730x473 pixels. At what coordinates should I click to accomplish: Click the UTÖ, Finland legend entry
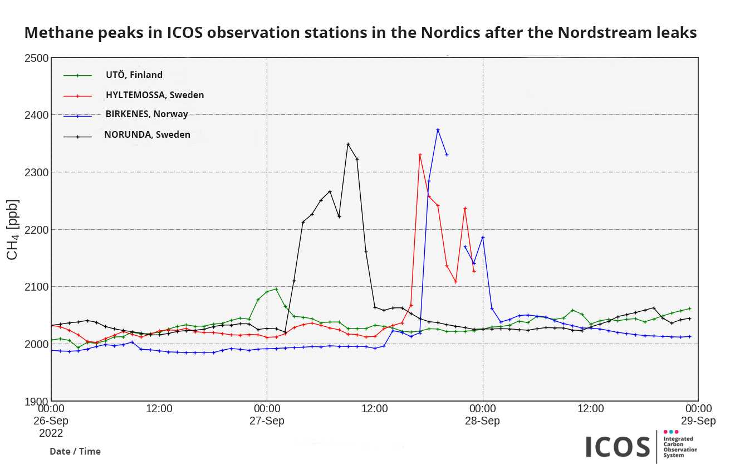(x=134, y=75)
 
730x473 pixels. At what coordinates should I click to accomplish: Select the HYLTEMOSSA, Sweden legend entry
(x=154, y=95)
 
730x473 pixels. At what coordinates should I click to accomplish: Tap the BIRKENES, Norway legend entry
(x=146, y=114)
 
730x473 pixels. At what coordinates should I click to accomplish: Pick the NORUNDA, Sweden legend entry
(x=147, y=134)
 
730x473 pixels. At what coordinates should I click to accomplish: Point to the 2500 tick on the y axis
(x=35, y=57)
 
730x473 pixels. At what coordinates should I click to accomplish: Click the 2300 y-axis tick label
(x=35, y=172)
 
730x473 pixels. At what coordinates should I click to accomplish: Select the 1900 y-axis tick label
(x=35, y=402)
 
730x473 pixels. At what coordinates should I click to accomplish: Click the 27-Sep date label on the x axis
(x=266, y=421)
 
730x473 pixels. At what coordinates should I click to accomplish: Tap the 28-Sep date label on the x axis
(x=482, y=421)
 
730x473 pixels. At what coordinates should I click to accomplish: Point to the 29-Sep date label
(x=698, y=421)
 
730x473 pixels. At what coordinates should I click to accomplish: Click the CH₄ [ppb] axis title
(x=12, y=229)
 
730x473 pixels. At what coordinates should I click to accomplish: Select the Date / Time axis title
(x=75, y=451)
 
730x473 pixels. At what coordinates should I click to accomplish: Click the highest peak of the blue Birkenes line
(x=438, y=129)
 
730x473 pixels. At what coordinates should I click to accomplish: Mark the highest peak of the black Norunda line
(x=348, y=144)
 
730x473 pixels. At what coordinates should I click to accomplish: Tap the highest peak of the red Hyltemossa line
(x=420, y=155)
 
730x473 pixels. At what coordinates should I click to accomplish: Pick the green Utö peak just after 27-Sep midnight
(x=276, y=289)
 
